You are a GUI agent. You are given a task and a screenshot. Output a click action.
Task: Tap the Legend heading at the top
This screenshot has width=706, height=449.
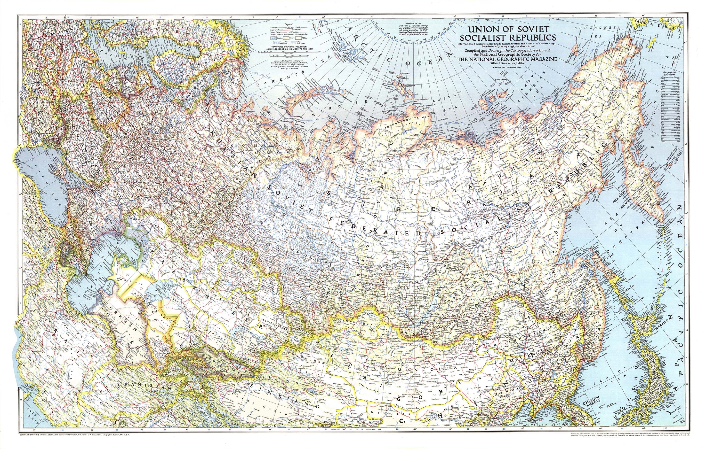[x=289, y=25]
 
